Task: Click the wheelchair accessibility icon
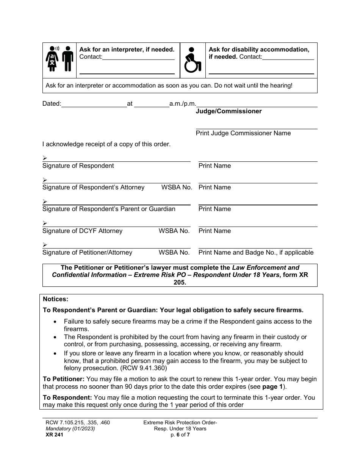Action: coord(193,60)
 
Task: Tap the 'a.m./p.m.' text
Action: coord(183,103)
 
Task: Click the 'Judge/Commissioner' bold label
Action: coord(229,111)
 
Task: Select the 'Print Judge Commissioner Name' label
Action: coord(243,133)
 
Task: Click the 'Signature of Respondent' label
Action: coord(78,166)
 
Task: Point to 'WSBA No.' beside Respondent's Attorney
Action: coord(177,188)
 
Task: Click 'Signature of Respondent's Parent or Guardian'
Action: coord(109,209)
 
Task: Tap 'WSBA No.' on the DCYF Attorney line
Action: coord(174,231)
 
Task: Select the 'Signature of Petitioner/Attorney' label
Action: coord(87,253)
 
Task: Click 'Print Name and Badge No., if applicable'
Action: coord(256,253)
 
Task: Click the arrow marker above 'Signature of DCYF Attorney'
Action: coord(45,223)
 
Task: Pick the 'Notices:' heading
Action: coord(55,299)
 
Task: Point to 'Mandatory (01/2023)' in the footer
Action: coord(69,429)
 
